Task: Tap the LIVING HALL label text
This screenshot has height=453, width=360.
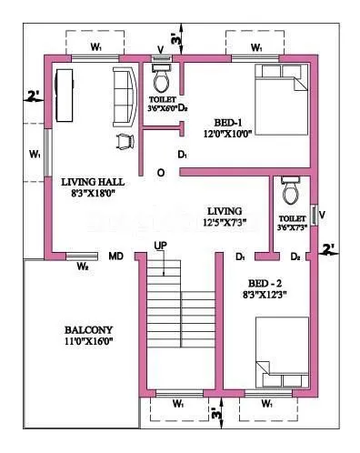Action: (86, 181)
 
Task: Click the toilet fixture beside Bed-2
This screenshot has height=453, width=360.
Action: (291, 191)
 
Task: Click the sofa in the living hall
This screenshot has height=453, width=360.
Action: (123, 96)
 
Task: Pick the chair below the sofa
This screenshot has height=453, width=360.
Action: (123, 140)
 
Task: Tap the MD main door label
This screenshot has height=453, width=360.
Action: (116, 258)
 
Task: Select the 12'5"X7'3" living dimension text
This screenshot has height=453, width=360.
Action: (225, 222)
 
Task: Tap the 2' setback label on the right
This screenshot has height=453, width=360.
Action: (328, 247)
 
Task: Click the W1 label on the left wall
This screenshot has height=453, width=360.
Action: (35, 155)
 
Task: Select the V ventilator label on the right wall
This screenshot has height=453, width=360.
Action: (322, 215)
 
